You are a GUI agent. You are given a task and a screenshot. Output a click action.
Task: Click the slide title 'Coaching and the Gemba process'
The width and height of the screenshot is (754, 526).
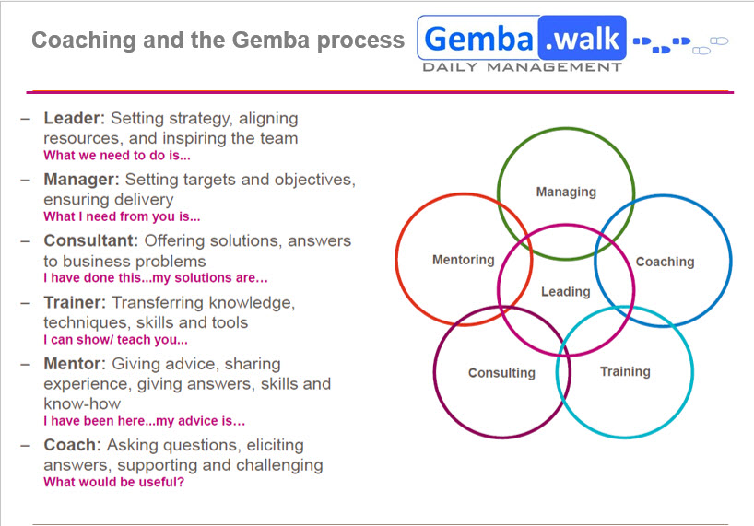pos(218,41)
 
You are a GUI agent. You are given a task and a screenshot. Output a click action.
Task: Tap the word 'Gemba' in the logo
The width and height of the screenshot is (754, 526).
pos(478,39)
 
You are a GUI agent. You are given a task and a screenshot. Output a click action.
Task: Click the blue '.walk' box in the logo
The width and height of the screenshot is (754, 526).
pos(583,38)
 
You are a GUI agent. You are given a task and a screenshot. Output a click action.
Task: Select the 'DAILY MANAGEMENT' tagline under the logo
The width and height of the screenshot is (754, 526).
pos(522,67)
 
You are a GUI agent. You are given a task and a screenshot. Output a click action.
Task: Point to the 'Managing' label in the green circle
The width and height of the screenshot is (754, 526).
pos(566,192)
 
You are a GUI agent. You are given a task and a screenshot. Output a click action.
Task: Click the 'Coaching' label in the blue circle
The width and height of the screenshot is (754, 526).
pos(665,262)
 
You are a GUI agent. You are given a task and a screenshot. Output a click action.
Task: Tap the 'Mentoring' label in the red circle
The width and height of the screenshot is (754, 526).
pos(464,260)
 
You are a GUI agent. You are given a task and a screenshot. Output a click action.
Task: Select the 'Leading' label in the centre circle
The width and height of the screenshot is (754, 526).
pos(565,291)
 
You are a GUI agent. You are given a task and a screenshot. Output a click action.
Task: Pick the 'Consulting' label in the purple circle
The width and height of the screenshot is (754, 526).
pos(501,373)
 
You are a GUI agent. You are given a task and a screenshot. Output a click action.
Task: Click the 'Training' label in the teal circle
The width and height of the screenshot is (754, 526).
pos(625,371)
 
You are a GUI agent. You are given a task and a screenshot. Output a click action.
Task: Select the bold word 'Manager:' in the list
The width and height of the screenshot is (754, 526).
pos(82,180)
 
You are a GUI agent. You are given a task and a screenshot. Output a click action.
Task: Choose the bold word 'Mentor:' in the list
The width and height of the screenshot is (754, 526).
pos(76,364)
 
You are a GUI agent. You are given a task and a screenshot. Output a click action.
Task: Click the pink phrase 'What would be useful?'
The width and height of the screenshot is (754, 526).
pos(113,482)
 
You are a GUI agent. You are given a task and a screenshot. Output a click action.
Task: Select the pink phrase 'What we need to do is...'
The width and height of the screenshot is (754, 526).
pos(117,156)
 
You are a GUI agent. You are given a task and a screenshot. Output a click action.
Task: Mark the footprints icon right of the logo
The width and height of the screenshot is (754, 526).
pos(680,43)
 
